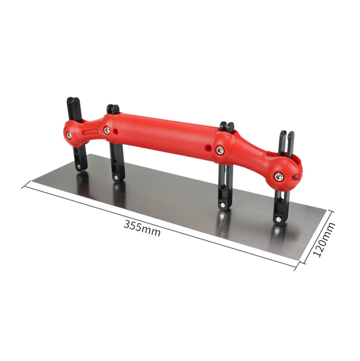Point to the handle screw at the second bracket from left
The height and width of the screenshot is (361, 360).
point(107,131)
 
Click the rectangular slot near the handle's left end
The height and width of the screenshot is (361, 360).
point(91,131)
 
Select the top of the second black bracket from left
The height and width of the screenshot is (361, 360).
point(112,108)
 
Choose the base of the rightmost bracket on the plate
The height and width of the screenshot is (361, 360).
point(279,220)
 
